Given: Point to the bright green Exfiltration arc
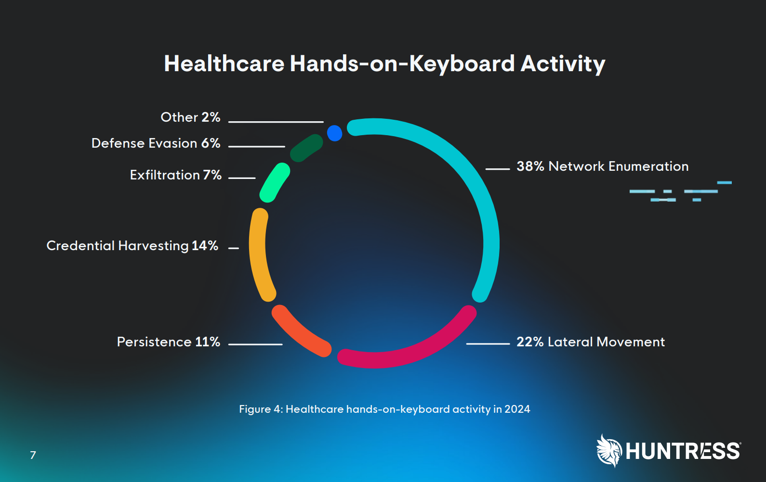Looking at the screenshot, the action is (274, 183).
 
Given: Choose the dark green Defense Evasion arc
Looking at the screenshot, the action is (306, 148).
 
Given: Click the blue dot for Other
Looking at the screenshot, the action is (334, 133).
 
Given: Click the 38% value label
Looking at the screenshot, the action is (530, 166).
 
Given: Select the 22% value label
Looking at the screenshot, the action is (530, 342).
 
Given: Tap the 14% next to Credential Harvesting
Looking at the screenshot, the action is (205, 246).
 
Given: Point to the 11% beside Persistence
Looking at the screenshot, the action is (208, 342).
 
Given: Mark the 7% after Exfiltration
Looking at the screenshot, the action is (212, 175).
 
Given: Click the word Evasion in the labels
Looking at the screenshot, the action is (172, 143).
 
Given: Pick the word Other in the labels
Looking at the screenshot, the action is (179, 117).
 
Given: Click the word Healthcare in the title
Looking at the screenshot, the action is (225, 63).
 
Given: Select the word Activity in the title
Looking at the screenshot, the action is (563, 64).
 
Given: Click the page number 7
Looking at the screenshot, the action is (33, 455).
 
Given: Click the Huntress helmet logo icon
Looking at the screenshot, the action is (609, 451).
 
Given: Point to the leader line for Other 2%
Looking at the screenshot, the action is (276, 122).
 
